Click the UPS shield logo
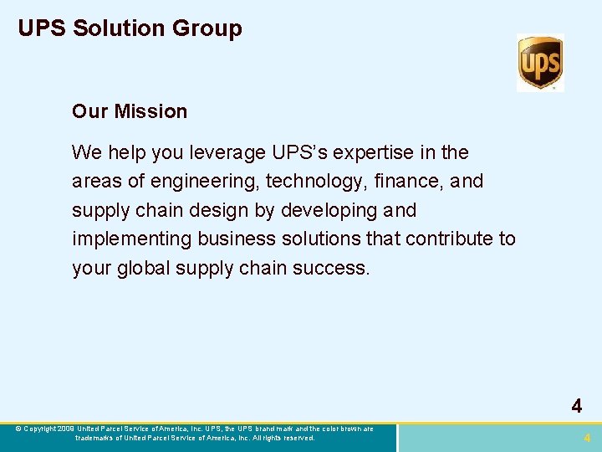(x=540, y=62)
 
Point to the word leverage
(x=228, y=152)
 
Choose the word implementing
(x=132, y=239)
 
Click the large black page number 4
(x=577, y=407)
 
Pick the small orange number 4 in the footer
(x=587, y=438)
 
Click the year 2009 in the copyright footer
(x=66, y=429)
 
